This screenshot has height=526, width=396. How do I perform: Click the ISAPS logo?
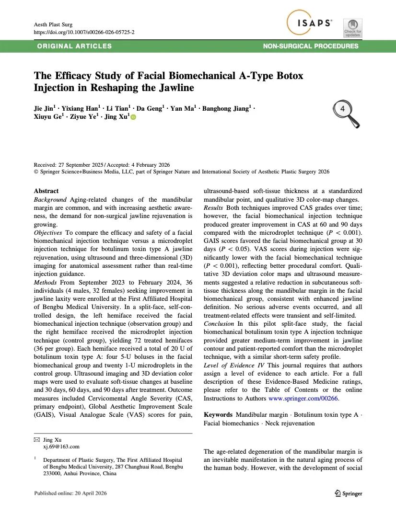[x=312, y=23]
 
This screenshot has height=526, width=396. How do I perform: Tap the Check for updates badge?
[x=353, y=28]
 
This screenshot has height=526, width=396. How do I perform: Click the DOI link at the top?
[x=84, y=32]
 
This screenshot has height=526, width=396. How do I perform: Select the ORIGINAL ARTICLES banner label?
[x=74, y=46]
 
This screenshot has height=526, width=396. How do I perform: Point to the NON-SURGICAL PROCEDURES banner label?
[x=311, y=46]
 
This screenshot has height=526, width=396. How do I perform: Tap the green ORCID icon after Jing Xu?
[x=133, y=118]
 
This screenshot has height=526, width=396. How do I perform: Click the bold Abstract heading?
[x=47, y=191]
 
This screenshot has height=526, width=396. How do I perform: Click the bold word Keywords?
[x=219, y=414]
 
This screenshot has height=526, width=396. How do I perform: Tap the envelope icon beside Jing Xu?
[x=37, y=439]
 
